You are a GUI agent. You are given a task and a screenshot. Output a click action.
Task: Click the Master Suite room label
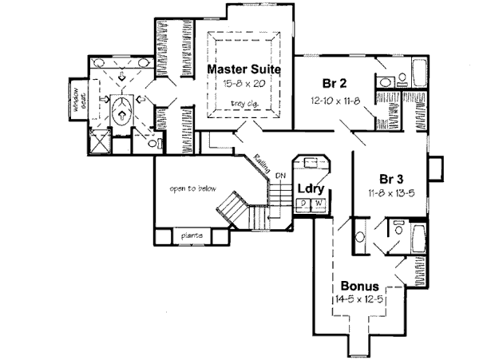(244, 69)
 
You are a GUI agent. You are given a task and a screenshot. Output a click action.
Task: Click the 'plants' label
(190, 236)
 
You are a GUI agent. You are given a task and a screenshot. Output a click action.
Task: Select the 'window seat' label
(79, 100)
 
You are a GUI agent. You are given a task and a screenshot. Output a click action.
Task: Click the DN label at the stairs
(279, 176)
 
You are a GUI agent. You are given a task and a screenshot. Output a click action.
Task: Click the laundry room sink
(311, 161)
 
